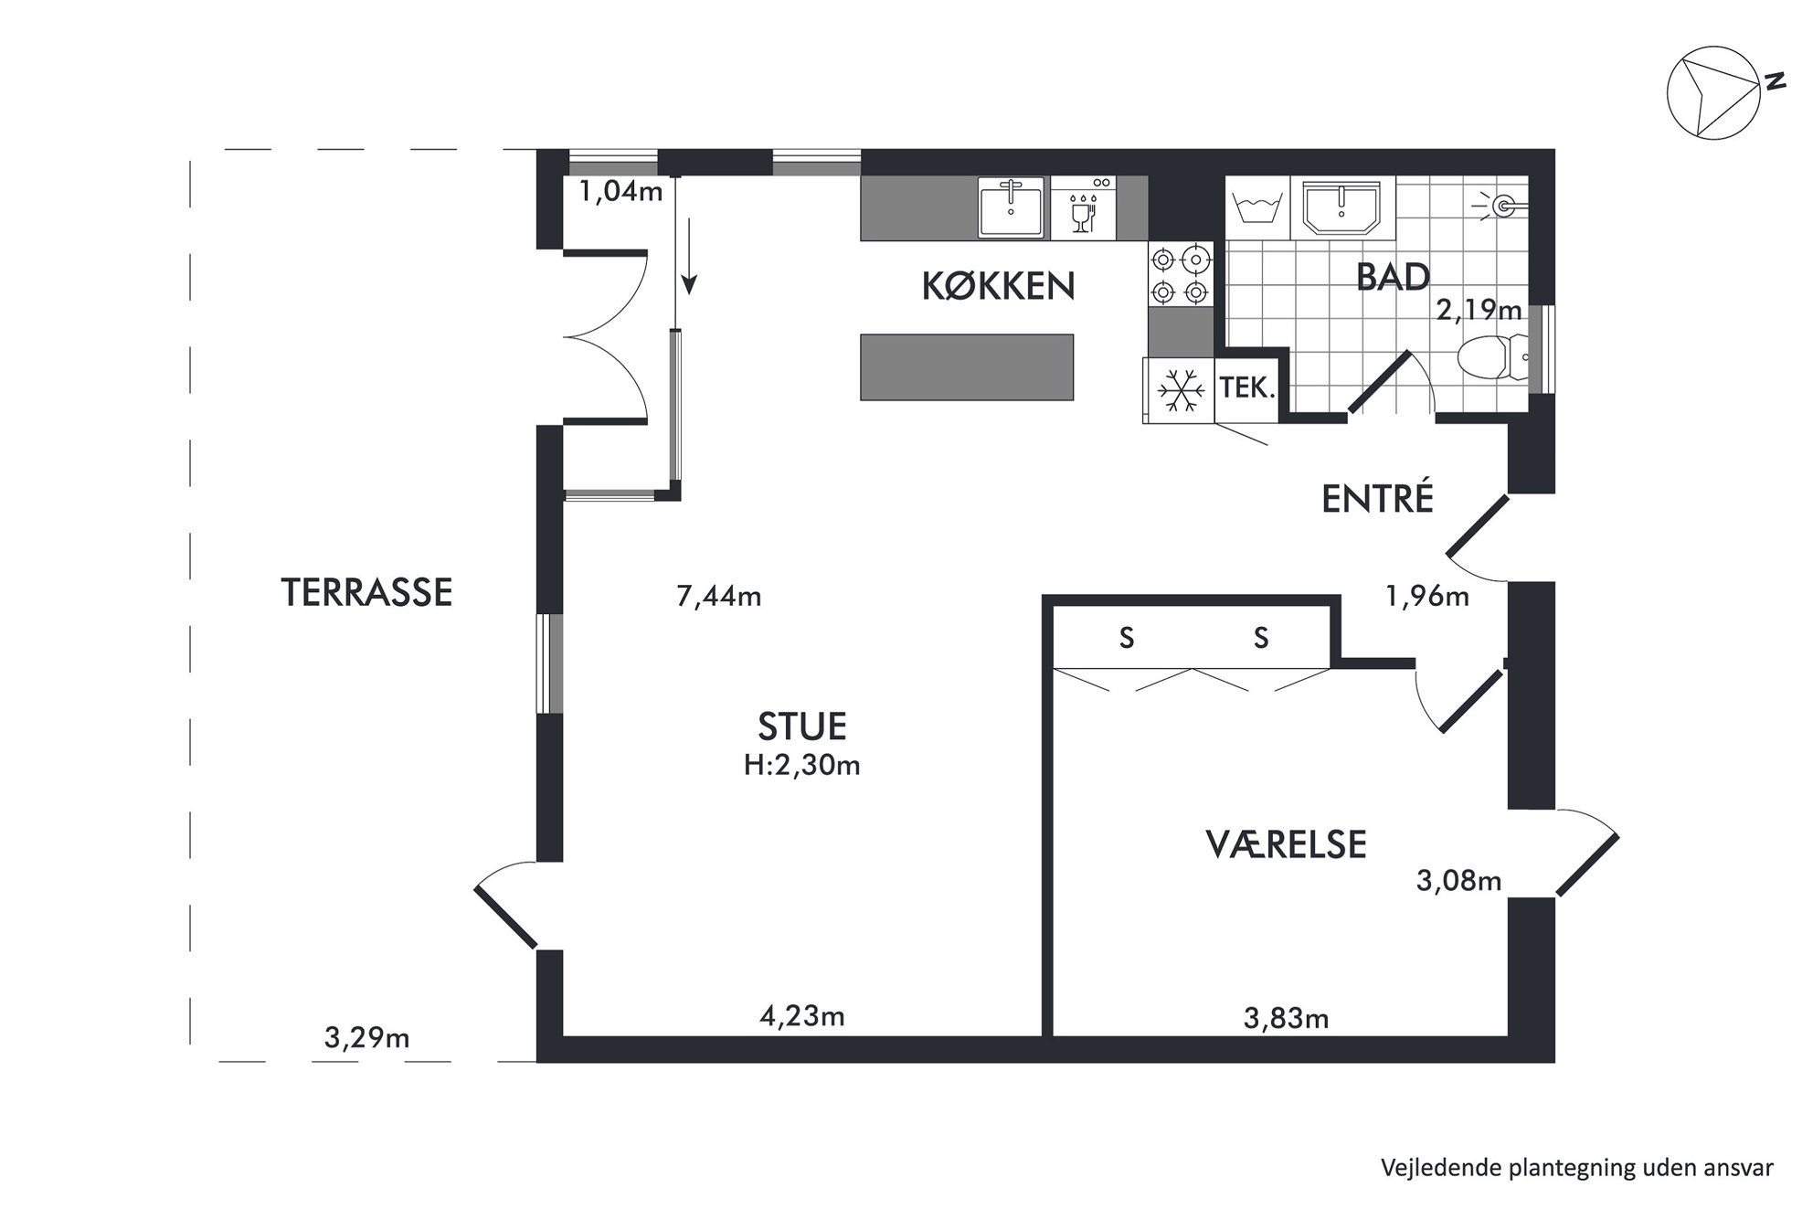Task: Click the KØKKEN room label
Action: [998, 286]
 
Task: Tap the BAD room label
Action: [1393, 277]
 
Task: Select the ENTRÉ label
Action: [1377, 498]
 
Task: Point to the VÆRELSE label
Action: [1286, 844]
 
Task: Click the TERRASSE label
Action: [366, 592]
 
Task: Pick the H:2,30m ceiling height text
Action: [801, 765]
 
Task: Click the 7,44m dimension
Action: [718, 597]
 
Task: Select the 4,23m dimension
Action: [801, 1015]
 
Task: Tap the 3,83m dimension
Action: [1286, 1017]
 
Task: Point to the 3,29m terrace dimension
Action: [366, 1038]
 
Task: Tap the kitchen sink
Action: [1011, 207]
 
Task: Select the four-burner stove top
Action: [1180, 275]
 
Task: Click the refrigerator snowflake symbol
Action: [1180, 390]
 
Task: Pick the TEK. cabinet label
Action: [1246, 388]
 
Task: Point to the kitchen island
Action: [967, 367]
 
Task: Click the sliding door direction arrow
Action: [688, 257]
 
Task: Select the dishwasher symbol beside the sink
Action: [1083, 207]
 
